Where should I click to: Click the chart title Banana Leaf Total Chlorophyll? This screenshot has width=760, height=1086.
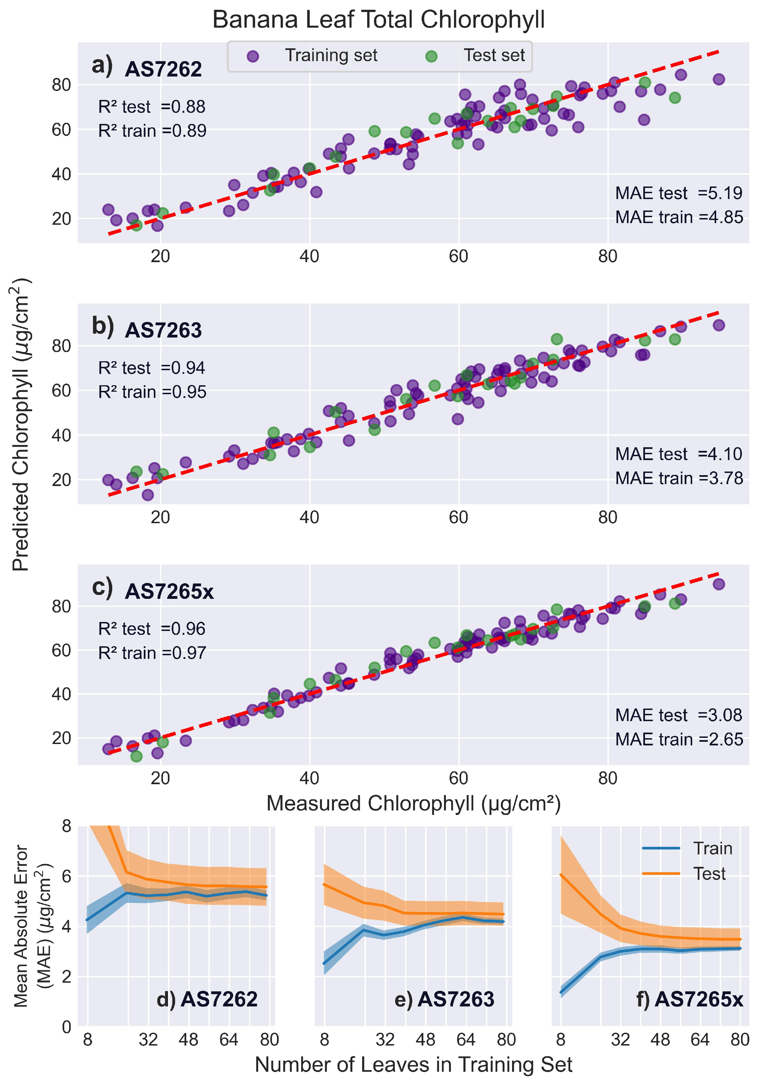378,20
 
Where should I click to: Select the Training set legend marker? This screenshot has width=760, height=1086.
253,56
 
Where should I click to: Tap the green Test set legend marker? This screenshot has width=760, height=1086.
431,57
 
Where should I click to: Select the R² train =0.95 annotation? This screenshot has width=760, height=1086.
152,392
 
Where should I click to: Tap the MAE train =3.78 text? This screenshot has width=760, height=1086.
679,478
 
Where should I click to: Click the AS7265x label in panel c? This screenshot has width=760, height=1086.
169,591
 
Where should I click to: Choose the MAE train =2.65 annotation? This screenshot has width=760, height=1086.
679,739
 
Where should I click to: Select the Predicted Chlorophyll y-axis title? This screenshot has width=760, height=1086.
21,424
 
